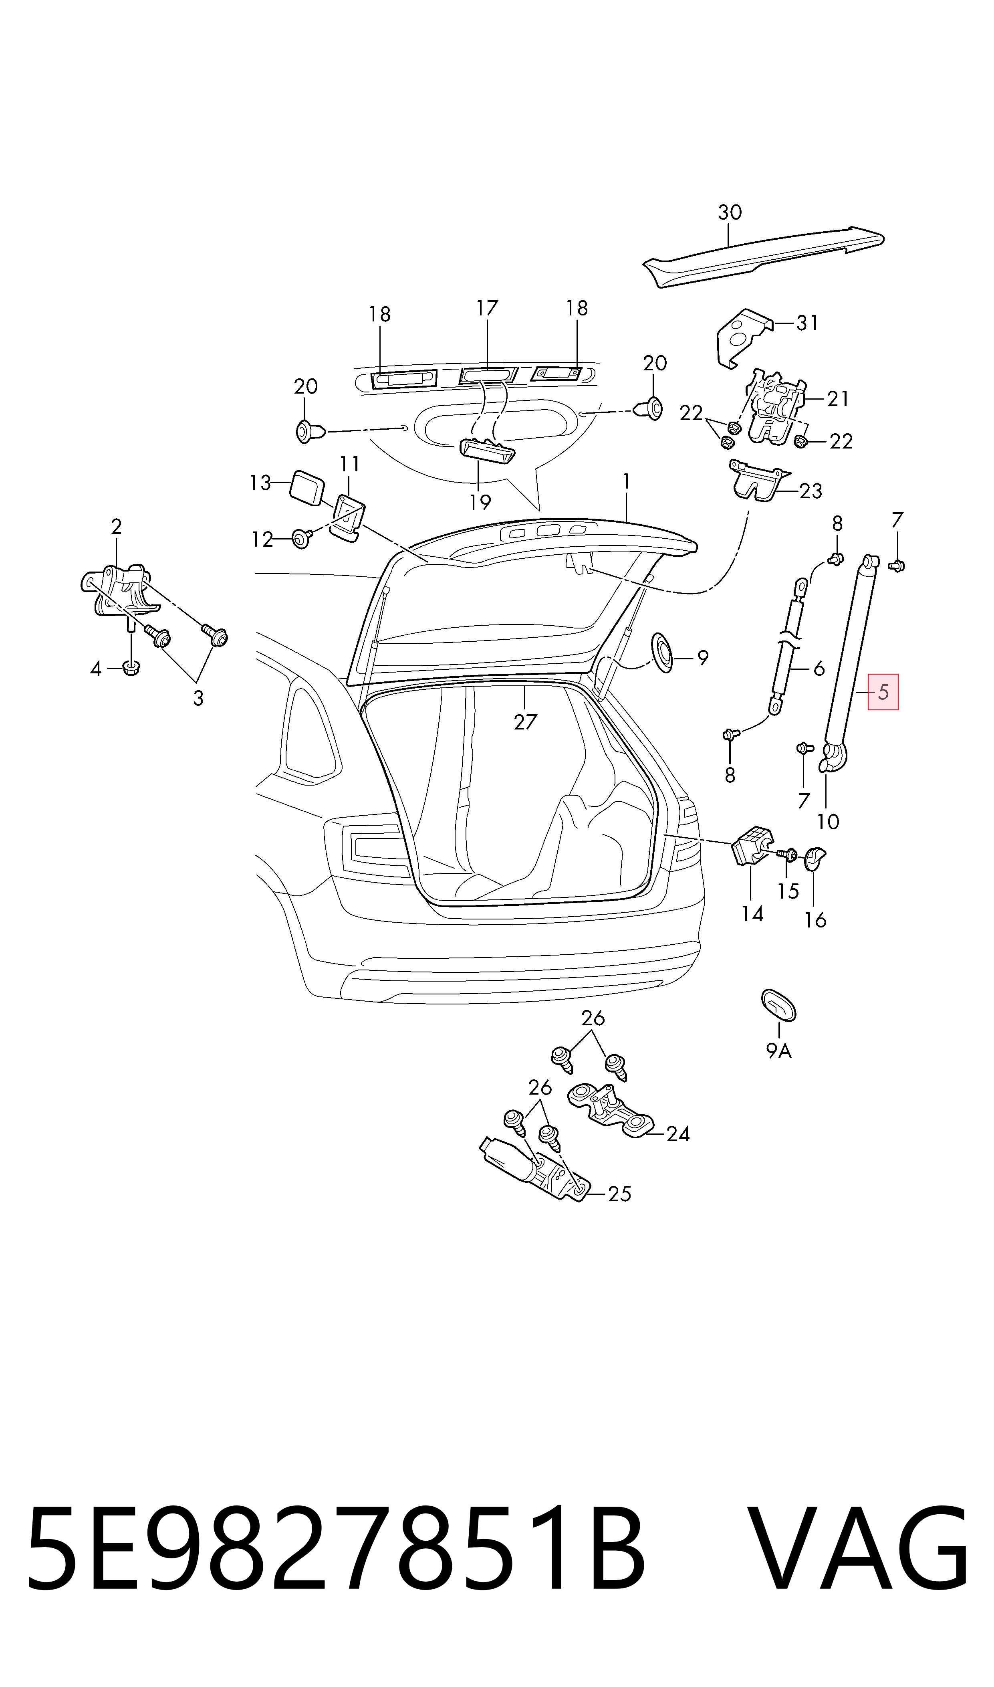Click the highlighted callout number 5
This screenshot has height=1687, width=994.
[x=883, y=692]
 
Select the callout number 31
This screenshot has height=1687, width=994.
[x=808, y=323]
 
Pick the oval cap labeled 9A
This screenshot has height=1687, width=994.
[x=778, y=1004]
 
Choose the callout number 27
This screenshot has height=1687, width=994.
[x=525, y=722]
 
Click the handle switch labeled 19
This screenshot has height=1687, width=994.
[x=487, y=451]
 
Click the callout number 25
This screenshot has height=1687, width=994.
[x=619, y=1194]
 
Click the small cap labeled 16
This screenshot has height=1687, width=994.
[x=814, y=858]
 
